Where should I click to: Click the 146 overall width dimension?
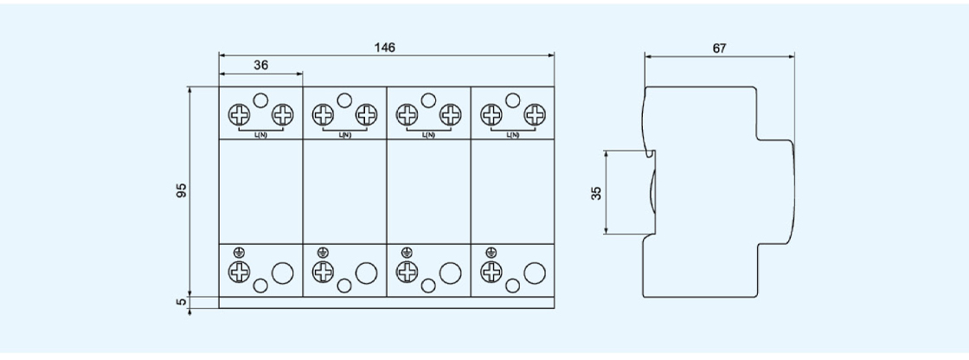tap(385, 48)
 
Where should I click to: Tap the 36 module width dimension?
tap(260, 65)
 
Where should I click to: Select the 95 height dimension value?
tap(182, 191)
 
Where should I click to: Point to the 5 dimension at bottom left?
tap(182, 303)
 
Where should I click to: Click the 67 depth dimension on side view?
tap(719, 49)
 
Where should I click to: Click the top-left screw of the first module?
tap(240, 114)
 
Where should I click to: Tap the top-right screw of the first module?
tap(282, 114)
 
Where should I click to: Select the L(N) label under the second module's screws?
tap(344, 136)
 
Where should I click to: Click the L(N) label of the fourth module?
tap(513, 136)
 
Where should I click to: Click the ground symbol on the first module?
tap(239, 253)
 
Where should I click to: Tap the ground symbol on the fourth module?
tap(491, 253)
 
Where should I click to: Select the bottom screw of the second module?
tap(324, 272)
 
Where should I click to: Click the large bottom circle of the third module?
tap(450, 273)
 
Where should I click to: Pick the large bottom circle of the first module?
tap(282, 273)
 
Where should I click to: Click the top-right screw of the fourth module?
tap(536, 114)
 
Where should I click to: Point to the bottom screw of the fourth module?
tap(492, 272)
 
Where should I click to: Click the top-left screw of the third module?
tap(407, 114)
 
